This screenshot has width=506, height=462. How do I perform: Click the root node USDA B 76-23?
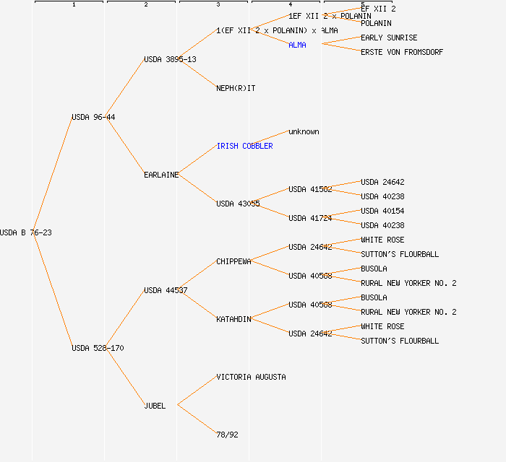point(26,232)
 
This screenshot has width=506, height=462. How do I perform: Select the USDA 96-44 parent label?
point(93,117)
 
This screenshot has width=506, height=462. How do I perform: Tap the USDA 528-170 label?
point(98,348)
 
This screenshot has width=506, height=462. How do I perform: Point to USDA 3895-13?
point(170,59)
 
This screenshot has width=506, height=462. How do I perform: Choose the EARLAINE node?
point(161,175)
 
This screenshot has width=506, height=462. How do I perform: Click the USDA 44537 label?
point(166,290)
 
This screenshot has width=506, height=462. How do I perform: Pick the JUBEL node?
point(155,406)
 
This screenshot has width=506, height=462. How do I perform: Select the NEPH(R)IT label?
point(236,88)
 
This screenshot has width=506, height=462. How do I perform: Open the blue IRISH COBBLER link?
point(244,146)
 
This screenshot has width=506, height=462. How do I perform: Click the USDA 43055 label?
point(238,204)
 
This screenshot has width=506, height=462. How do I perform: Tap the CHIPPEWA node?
point(233,261)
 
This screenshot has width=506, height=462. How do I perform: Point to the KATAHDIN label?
point(233,319)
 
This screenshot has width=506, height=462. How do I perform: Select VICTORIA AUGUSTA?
point(251,377)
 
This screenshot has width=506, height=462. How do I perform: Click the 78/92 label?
point(227,435)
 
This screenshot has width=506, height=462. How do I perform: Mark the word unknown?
point(304,131)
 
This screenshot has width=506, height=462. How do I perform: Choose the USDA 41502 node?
point(310,189)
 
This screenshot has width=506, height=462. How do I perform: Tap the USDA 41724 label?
point(310,218)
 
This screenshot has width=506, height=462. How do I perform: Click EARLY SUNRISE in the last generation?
point(389,38)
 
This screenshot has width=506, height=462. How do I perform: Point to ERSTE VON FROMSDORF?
point(402,52)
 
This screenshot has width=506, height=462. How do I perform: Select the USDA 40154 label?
point(382,211)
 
